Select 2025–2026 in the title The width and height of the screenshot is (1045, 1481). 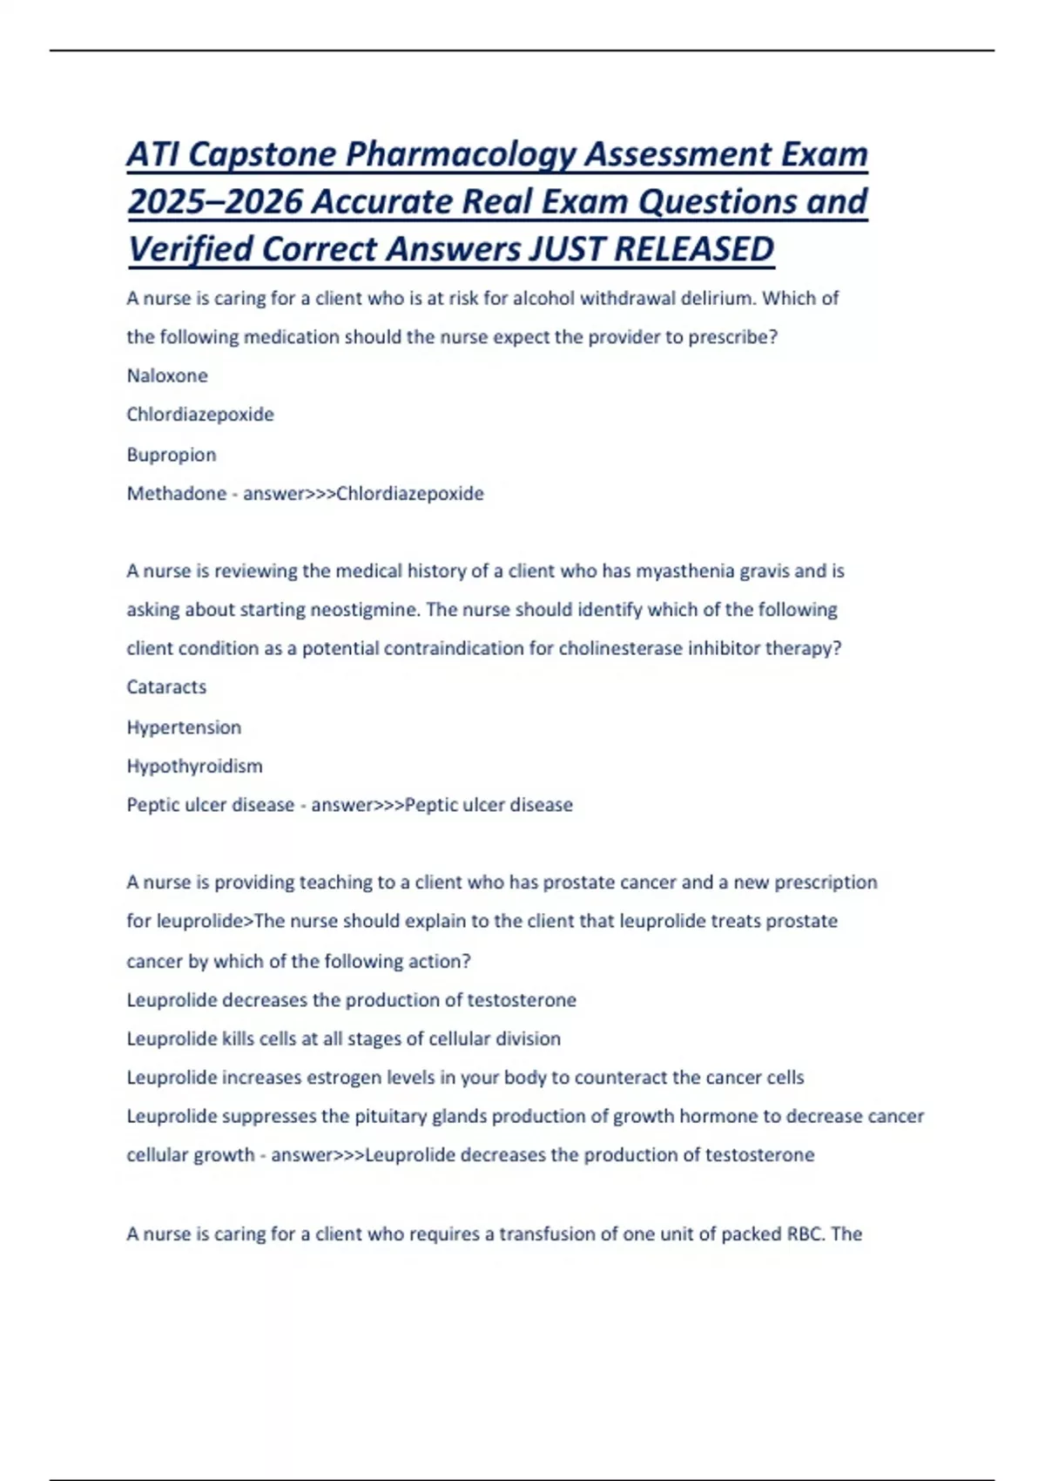[x=215, y=202]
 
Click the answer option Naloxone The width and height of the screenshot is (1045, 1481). [x=167, y=375]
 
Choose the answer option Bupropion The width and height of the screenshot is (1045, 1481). [x=172, y=455]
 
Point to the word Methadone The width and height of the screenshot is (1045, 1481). [x=176, y=494]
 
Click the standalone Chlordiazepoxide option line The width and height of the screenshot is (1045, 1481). [x=200, y=415]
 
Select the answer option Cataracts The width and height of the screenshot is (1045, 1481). [x=166, y=687]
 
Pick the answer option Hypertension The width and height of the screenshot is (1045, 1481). [x=184, y=727]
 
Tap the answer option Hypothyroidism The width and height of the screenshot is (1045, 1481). [x=194, y=767]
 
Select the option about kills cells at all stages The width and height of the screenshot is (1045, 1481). [x=343, y=1039]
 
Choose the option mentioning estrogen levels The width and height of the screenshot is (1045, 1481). [x=465, y=1078]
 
